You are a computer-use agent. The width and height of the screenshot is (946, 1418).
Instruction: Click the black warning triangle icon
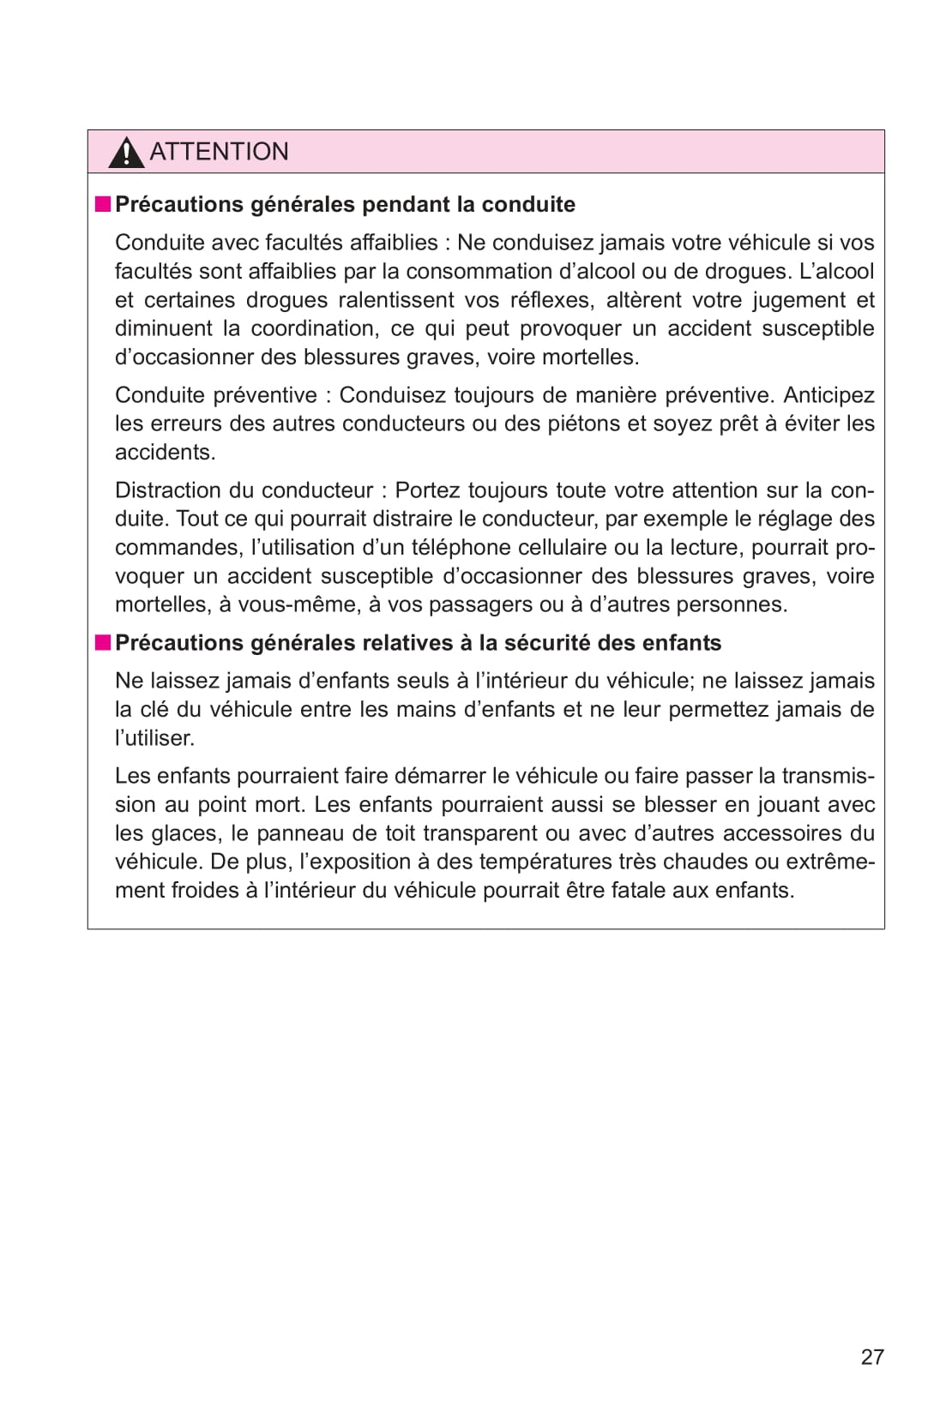[x=126, y=153]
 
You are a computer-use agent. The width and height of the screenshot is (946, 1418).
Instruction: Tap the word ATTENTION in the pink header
[x=219, y=152]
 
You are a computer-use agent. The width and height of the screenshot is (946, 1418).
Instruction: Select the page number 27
[x=872, y=1357]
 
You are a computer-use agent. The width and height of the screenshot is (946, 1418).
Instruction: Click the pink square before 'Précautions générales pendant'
[x=103, y=204]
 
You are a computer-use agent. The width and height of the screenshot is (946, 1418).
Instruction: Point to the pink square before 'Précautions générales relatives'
[x=103, y=642]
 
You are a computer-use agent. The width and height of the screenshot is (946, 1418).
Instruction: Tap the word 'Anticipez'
[x=829, y=395]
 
